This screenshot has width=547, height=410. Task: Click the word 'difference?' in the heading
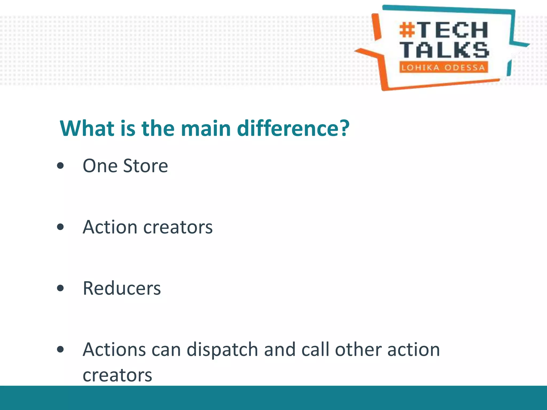[293, 129]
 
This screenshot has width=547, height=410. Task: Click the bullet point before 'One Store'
[61, 166]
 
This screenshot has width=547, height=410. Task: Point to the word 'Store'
[146, 166]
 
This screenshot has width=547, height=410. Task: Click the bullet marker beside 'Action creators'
[61, 227]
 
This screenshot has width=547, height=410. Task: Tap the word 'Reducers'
[122, 288]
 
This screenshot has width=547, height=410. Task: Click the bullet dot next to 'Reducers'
[61, 288]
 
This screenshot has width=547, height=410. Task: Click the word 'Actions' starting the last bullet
[114, 350]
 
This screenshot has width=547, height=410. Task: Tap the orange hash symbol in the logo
[407, 30]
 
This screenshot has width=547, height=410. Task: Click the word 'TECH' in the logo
[453, 30]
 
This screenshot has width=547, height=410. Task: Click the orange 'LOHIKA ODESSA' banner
[443, 67]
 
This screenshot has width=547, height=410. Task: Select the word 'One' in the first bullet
[100, 166]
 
